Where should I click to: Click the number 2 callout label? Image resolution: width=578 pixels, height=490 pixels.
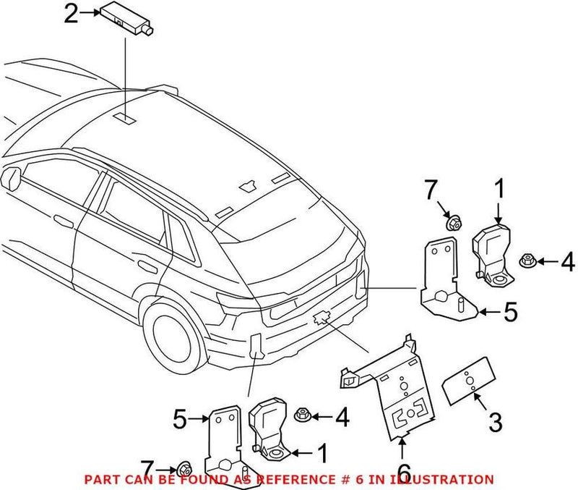[x=70, y=14]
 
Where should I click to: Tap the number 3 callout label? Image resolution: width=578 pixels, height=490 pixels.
[x=495, y=422]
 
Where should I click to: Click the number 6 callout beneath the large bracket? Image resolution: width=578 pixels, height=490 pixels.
[x=403, y=453]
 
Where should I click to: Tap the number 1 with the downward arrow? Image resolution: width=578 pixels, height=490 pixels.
[x=498, y=191]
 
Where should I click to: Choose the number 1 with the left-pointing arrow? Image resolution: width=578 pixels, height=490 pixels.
[x=322, y=453]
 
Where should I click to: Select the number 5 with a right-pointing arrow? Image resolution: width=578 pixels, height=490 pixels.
[x=181, y=418]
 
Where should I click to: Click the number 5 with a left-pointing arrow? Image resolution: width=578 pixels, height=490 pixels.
[x=510, y=313]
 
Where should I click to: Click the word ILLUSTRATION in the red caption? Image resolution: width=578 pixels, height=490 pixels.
[x=449, y=479]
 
